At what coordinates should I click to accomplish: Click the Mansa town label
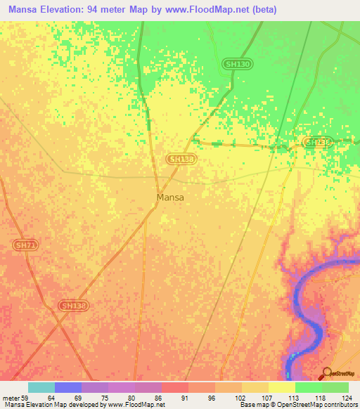click(x=170, y=197)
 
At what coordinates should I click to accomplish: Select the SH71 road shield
click(x=24, y=245)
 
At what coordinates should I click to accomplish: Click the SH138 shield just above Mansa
click(x=181, y=160)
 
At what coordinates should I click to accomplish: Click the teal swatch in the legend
click(x=41, y=387)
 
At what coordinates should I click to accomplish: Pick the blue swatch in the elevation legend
click(x=68, y=387)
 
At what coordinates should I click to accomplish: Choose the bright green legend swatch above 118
click(x=308, y=387)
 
